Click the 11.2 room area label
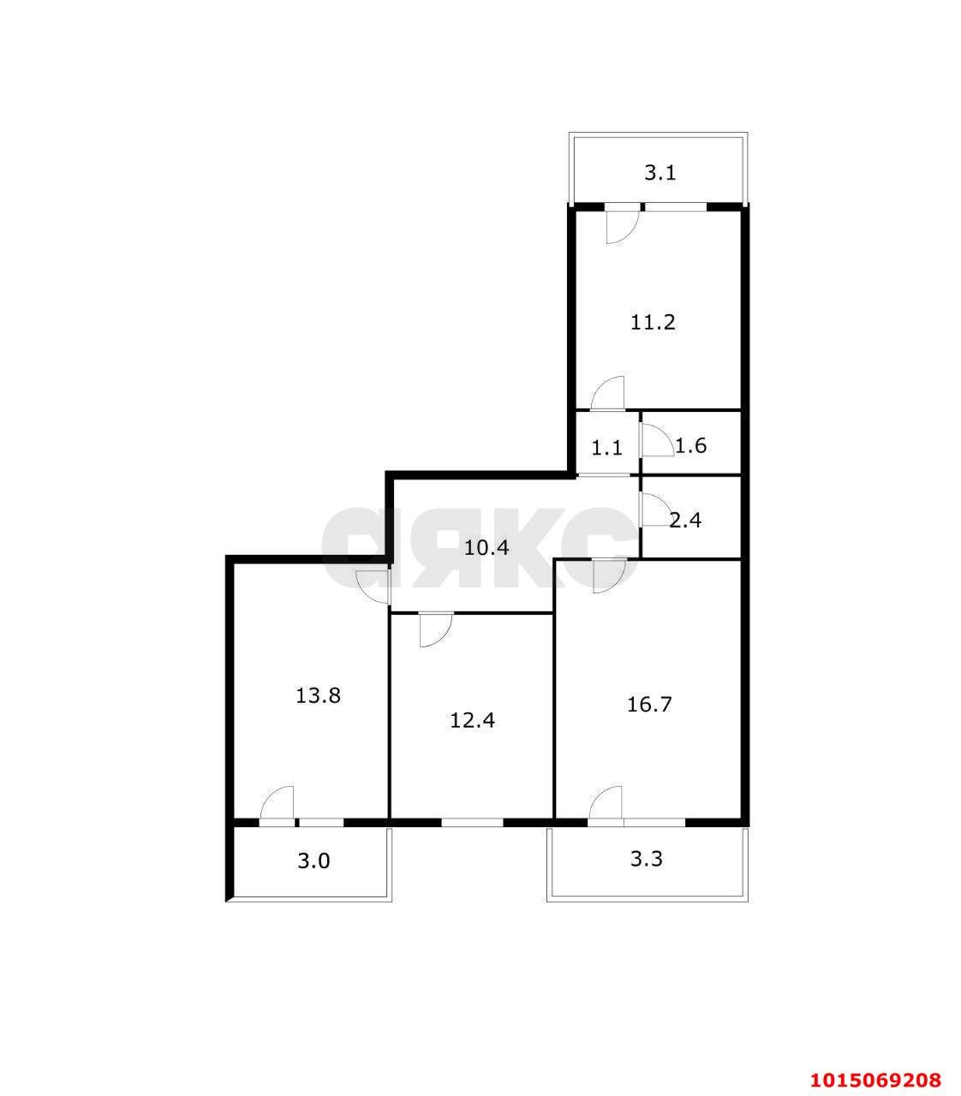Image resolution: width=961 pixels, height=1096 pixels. pyautogui.click(x=654, y=323)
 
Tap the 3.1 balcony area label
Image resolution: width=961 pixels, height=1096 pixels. pyautogui.click(x=660, y=173)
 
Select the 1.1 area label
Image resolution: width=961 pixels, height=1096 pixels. pyautogui.click(x=607, y=447)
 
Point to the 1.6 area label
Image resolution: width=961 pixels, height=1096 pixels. pyautogui.click(x=690, y=445)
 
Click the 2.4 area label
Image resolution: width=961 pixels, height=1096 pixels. pyautogui.click(x=685, y=519)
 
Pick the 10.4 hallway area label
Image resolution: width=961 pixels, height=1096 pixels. pyautogui.click(x=486, y=547)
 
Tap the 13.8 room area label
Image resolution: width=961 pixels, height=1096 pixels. pyautogui.click(x=319, y=695)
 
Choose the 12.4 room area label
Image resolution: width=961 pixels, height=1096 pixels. pyautogui.click(x=473, y=720)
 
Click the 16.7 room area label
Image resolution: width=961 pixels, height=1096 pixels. pyautogui.click(x=649, y=705)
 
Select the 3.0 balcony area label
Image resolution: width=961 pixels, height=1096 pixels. pyautogui.click(x=313, y=861)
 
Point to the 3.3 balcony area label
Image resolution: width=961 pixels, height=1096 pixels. pyautogui.click(x=647, y=859)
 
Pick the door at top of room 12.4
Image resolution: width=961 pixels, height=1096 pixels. pyautogui.click(x=435, y=629)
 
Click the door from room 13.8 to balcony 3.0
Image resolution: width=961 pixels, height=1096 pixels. pyautogui.click(x=278, y=805)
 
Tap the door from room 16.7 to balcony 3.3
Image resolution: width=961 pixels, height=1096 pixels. pyautogui.click(x=606, y=805)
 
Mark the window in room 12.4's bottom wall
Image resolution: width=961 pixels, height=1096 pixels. pyautogui.click(x=472, y=822)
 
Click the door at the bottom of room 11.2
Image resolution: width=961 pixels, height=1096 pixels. pyautogui.click(x=608, y=394)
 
